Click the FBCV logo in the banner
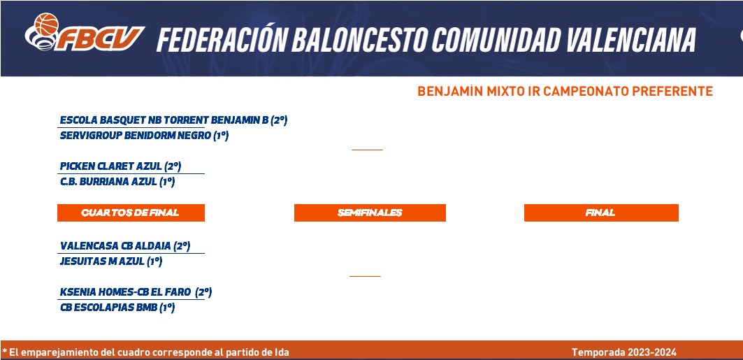coord(85,32)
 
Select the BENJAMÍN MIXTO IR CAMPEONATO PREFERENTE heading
coord(565,91)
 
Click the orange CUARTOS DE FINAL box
coord(131,213)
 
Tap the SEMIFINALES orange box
coord(370,213)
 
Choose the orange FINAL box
coord(601,213)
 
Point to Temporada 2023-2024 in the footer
coord(624,352)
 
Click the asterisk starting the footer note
coord(4,352)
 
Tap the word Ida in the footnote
coord(282,352)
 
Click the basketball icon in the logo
coord(46,24)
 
